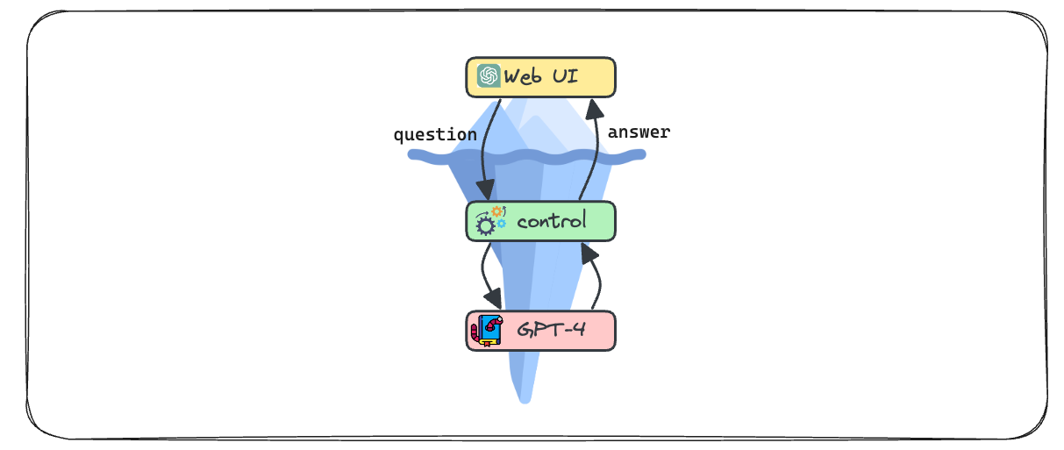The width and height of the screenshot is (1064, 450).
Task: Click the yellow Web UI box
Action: click(540, 77)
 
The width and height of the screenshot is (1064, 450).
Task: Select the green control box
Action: click(540, 221)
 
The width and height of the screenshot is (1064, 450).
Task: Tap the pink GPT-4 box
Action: click(540, 331)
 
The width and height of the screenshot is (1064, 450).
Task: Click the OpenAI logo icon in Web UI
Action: click(489, 76)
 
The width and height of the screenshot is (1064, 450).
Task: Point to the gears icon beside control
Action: click(489, 220)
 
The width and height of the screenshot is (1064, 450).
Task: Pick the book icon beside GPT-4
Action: click(487, 331)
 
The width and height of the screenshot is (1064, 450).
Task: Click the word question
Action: click(435, 135)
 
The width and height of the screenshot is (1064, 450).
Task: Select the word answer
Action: click(639, 132)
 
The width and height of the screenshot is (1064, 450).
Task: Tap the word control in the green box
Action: click(552, 221)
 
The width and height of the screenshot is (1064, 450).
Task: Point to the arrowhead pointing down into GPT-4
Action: click(493, 300)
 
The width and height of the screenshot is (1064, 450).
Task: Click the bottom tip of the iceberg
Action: click(525, 399)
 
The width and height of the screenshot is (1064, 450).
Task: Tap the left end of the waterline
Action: click(412, 155)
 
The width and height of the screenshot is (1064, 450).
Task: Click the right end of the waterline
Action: click(642, 155)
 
